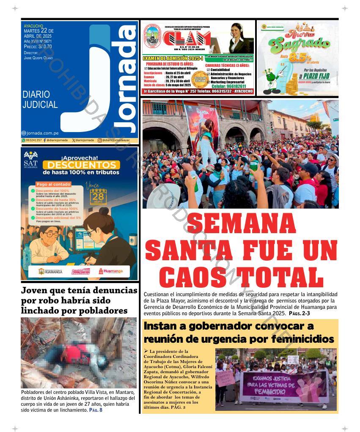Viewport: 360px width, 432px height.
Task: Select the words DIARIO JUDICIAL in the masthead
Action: (40, 99)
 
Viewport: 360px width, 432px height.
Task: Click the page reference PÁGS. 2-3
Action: (300, 314)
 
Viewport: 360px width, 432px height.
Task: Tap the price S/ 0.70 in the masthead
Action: (44, 47)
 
